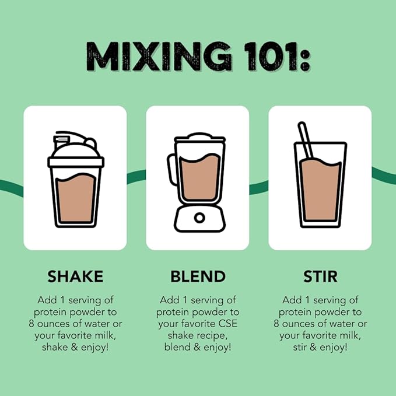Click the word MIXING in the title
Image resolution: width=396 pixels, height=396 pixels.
(x=159, y=56)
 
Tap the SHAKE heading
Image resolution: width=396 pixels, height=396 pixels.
(x=75, y=276)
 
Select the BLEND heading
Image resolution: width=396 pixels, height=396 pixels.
(x=198, y=276)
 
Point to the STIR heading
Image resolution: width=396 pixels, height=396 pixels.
(x=320, y=276)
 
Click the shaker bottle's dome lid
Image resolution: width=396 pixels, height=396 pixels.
(x=75, y=150)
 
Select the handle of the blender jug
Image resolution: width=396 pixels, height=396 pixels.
(x=171, y=169)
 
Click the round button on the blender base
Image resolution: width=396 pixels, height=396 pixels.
(x=199, y=218)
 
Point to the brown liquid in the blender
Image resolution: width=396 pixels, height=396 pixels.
(x=199, y=177)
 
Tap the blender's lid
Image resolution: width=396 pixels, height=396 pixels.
(x=199, y=138)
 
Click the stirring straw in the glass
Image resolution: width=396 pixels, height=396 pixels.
(x=306, y=140)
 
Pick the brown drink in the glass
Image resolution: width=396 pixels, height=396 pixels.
(x=321, y=190)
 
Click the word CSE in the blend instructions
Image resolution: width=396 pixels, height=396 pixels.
(x=228, y=324)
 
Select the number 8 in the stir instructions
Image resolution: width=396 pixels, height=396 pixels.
(x=276, y=324)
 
